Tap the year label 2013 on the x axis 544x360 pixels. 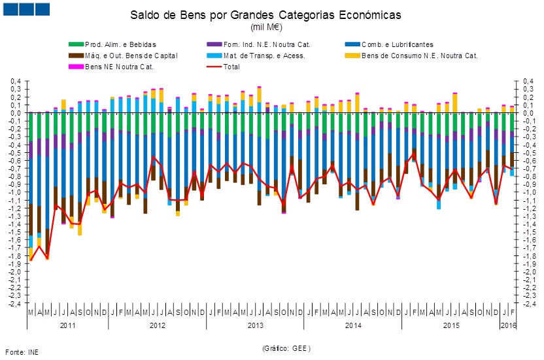[x=255, y=325]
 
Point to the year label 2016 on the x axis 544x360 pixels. [x=507, y=325]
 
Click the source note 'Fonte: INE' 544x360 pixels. [x=22, y=352]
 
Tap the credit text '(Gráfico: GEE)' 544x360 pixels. [x=286, y=348]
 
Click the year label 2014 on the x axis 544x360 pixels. [x=353, y=325]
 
